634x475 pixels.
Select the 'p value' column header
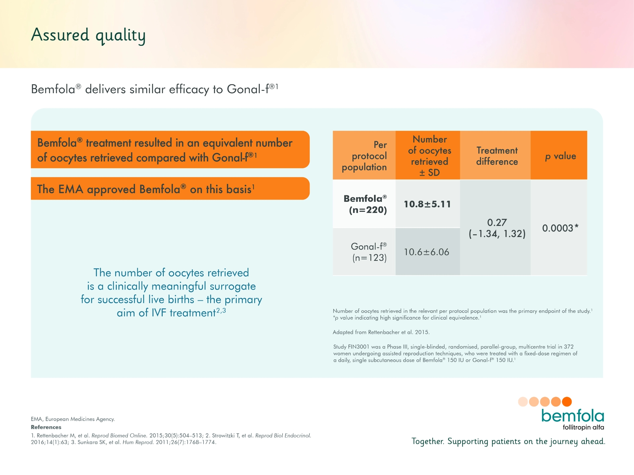click(560, 156)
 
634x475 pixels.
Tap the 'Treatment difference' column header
click(497, 156)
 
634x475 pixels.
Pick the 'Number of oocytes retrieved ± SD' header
click(429, 156)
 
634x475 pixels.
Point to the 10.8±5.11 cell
click(427, 204)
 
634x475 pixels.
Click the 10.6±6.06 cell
click(427, 252)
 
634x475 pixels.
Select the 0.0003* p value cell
click(560, 228)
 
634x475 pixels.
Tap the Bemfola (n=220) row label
click(366, 204)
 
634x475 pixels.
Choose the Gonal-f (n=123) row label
click(369, 252)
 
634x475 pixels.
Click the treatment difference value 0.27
click(497, 222)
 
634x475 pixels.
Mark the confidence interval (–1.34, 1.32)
click(497, 234)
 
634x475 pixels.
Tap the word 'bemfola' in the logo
click(572, 416)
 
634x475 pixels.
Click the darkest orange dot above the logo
click(567, 402)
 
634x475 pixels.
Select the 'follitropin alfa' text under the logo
click(583, 427)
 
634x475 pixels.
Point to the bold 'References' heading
click(46, 427)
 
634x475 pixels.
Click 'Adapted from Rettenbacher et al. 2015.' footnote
click(381, 332)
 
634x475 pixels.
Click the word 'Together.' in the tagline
click(428, 441)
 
